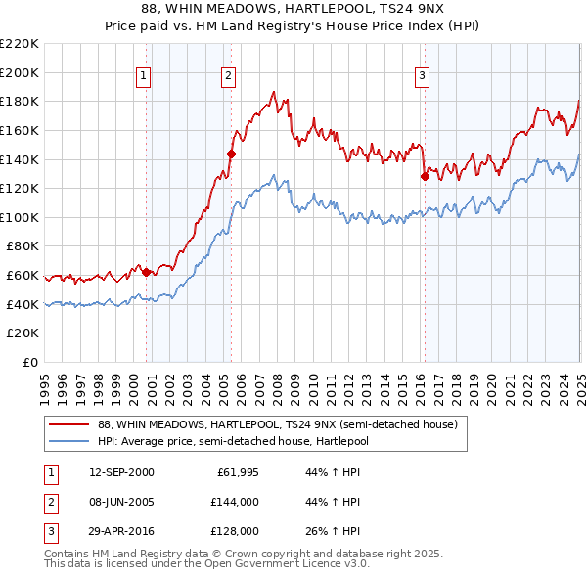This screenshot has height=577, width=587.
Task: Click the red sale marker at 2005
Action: [x=232, y=153]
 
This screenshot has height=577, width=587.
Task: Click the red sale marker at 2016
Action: [x=426, y=176]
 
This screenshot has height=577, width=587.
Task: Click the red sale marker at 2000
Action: [x=147, y=273]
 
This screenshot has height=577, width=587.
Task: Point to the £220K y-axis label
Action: [x=20, y=44]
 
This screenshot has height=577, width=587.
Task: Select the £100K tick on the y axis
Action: [x=20, y=217]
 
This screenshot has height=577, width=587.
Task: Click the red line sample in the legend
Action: [x=68, y=424]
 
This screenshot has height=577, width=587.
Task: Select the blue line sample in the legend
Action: [x=68, y=441]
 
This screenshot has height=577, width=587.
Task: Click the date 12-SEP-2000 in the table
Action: [x=121, y=473]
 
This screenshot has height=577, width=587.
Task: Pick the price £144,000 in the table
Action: [x=238, y=502]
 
